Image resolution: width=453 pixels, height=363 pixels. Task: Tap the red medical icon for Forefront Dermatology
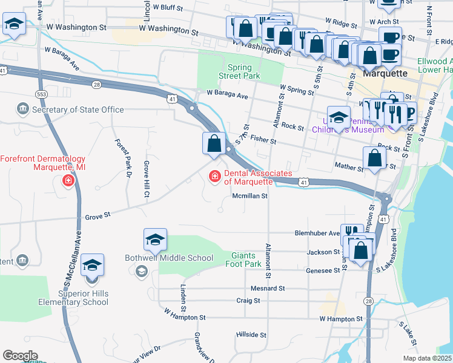(68, 180)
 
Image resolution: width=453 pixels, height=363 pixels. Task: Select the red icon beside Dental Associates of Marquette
(213, 177)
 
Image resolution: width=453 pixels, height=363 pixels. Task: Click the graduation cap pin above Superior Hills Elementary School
(92, 266)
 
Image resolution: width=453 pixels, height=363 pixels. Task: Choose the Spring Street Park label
(240, 71)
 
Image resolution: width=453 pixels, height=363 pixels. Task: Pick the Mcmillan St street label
(250, 196)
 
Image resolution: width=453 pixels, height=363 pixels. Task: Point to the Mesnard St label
(268, 289)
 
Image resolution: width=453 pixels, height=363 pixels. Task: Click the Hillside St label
(251, 334)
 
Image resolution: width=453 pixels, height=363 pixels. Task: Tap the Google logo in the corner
(20, 356)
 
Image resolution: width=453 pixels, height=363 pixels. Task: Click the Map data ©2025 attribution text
(428, 358)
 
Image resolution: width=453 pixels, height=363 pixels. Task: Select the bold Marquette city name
(385, 73)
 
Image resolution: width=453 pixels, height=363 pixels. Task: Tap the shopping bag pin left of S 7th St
(214, 144)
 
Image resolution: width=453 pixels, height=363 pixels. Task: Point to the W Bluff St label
(168, 8)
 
